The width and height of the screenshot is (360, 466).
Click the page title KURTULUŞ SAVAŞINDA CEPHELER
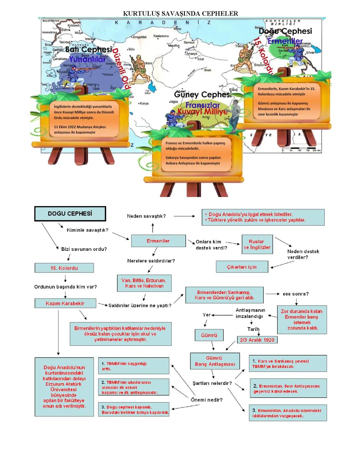pyautogui.click(x=180, y=14)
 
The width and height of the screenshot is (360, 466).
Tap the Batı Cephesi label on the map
pyautogui.click(x=89, y=49)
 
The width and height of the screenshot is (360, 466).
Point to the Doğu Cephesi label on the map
pyautogui.click(x=285, y=31)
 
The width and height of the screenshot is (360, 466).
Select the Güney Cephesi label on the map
pyautogui.click(x=203, y=94)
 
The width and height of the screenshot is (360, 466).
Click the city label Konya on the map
pyautogui.click(x=144, y=103)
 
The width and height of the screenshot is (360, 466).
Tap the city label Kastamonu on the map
pyautogui.click(x=161, y=36)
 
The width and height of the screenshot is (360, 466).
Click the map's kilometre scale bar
pyautogui.click(x=301, y=149)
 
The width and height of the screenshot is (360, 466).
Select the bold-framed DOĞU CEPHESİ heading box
pyautogui.click(x=70, y=214)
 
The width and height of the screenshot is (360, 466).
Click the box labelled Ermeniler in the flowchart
pyautogui.click(x=158, y=241)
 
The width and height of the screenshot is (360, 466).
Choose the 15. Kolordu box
pyautogui.click(x=64, y=268)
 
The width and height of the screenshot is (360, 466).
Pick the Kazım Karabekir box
pyautogui.click(x=65, y=304)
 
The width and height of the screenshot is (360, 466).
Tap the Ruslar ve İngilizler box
pyautogui.click(x=257, y=245)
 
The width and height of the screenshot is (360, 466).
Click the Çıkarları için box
pyautogui.click(x=242, y=267)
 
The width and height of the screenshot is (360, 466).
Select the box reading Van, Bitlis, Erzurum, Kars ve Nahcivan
pyautogui.click(x=144, y=283)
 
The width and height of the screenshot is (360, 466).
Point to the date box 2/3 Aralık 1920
pyautogui.click(x=257, y=340)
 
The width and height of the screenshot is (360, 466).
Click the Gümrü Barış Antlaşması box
pyautogui.click(x=215, y=361)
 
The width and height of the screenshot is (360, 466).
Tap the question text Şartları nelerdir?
pyautogui.click(x=212, y=383)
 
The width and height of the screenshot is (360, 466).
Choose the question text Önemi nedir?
pyautogui.click(x=207, y=400)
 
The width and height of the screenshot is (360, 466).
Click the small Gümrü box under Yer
pyautogui.click(x=209, y=335)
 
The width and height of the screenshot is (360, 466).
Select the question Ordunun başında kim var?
pyautogui.click(x=66, y=287)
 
